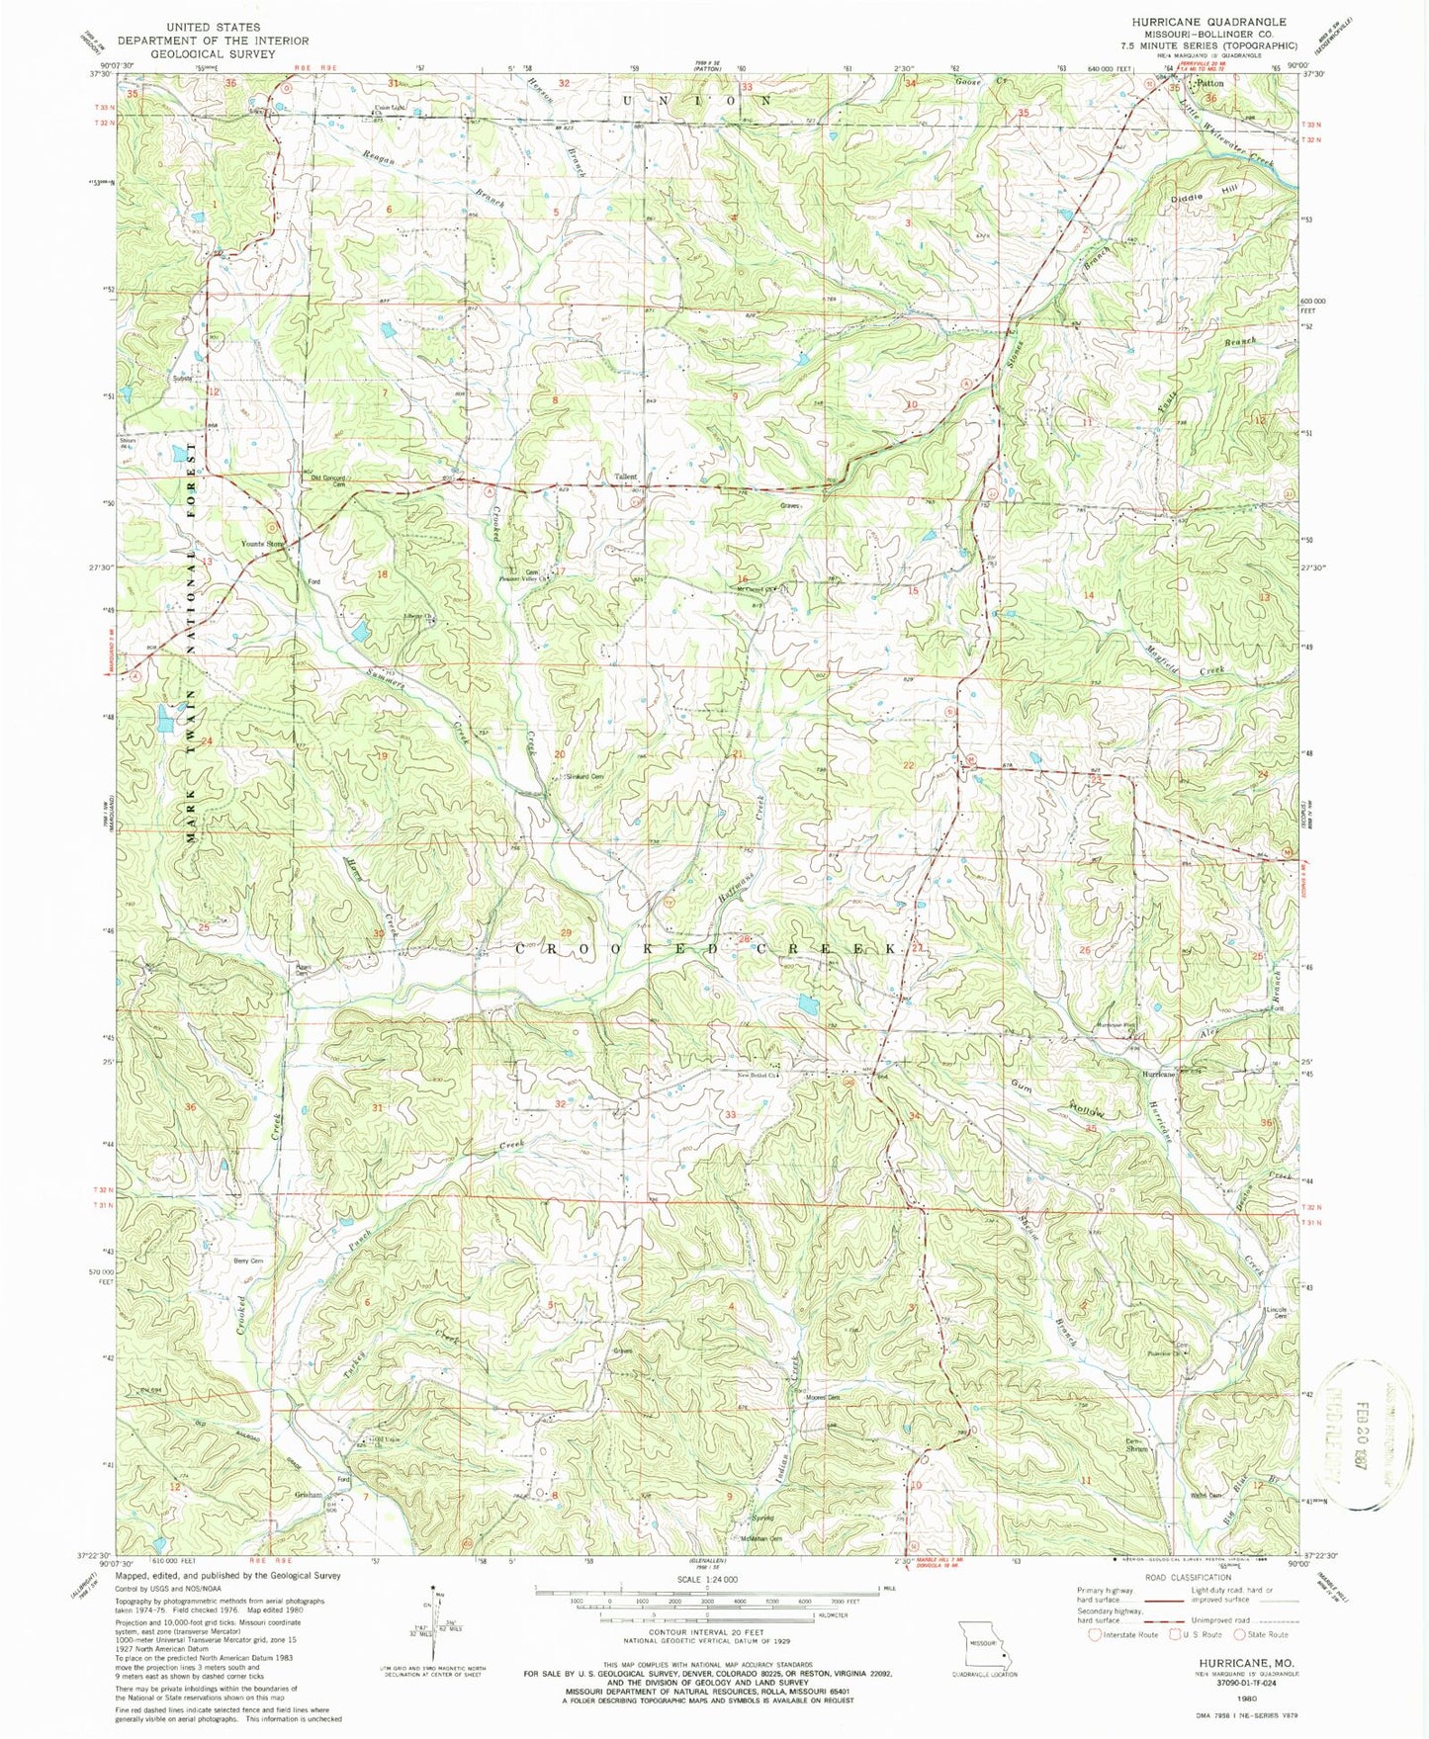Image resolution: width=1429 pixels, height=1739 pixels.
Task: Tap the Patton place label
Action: tap(1212, 84)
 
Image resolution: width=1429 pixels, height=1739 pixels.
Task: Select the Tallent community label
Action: tap(626, 477)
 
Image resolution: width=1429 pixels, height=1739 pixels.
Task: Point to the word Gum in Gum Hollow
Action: tap(1021, 1085)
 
